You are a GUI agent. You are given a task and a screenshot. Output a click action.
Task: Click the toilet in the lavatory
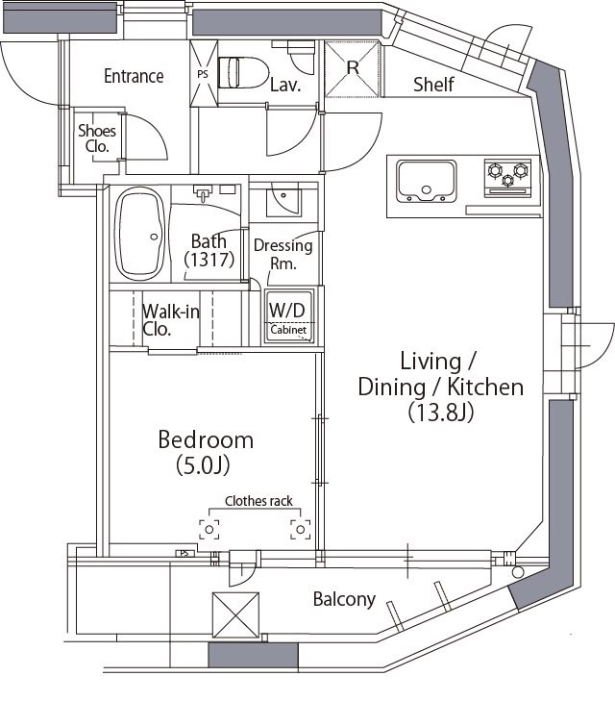[x=244, y=72]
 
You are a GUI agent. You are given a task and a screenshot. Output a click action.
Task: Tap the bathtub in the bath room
[x=140, y=234]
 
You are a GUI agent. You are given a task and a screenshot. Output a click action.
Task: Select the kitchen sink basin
[x=427, y=181]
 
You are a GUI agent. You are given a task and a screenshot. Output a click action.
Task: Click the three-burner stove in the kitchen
[x=508, y=179]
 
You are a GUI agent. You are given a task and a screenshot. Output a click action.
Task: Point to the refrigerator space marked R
[x=352, y=68]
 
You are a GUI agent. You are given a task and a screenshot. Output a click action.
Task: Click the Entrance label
[x=134, y=76]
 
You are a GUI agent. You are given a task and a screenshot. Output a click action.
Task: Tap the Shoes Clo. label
[x=97, y=138]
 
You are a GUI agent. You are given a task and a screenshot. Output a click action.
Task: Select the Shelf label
[x=433, y=84]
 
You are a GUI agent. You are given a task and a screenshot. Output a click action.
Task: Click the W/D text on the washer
[x=287, y=310]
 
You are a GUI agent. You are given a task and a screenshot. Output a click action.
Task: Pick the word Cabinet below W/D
[x=288, y=330]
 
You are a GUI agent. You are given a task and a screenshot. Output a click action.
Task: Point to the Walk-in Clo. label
[x=171, y=320]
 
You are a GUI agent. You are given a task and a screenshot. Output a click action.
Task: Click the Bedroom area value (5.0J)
[x=203, y=465]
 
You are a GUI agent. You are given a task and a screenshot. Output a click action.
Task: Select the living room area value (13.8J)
[x=441, y=413]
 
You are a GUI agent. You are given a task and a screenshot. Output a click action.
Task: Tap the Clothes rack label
[x=258, y=501]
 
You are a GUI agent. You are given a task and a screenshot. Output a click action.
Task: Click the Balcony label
[x=344, y=599]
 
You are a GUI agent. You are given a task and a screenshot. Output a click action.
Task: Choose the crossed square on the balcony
[x=235, y=615]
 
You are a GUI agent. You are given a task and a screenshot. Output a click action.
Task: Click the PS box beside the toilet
[x=204, y=74]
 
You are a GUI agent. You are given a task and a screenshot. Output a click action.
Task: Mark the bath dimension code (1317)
[x=209, y=260]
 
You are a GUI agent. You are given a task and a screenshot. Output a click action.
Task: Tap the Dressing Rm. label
[x=283, y=254]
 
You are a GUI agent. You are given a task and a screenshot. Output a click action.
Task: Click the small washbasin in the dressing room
[x=284, y=203]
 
